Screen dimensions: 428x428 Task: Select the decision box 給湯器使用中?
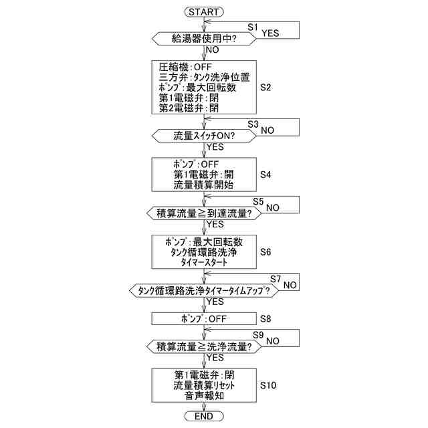[x=204, y=38]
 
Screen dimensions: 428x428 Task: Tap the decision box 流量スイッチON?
[x=204, y=136]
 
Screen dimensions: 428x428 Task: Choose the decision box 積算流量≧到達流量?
[x=204, y=214]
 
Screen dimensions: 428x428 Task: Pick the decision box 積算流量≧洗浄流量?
[x=204, y=347]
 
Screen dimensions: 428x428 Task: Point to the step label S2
[x=265, y=87]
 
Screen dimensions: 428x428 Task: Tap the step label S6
[x=265, y=252]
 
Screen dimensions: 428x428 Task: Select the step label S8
[x=265, y=318]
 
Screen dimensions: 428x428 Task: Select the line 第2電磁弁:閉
[x=189, y=107]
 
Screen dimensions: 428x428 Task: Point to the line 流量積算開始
[x=204, y=185]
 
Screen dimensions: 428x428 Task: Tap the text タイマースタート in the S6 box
[x=204, y=263]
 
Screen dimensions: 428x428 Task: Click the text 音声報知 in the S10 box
[x=204, y=396]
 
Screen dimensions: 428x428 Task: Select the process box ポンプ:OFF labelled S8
[x=204, y=318]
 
